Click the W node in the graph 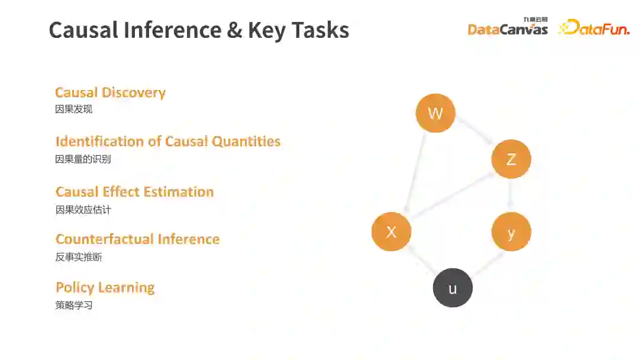tap(435, 112)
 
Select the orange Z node tap(511, 159)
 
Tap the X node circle tap(391, 232)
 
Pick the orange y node tap(511, 232)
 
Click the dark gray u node tap(453, 288)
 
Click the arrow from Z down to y tap(511, 194)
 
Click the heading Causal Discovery tap(110, 92)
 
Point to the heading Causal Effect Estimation tap(134, 192)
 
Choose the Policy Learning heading tap(105, 288)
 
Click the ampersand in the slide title tap(234, 30)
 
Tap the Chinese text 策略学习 tap(74, 306)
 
